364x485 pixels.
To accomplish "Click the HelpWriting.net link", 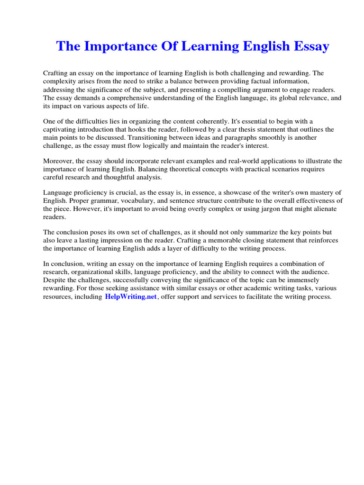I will tap(130, 297).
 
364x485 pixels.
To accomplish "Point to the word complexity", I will tap(60, 81).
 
